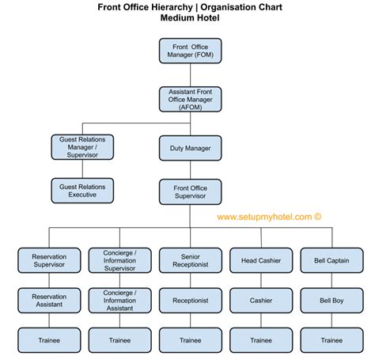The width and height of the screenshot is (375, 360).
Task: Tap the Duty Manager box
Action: pos(191,148)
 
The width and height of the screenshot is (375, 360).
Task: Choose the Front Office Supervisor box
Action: pos(191,193)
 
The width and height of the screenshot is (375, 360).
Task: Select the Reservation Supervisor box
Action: pos(49,261)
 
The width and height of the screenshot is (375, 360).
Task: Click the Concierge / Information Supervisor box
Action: pos(119,261)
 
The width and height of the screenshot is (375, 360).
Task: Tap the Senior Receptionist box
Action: pos(190,261)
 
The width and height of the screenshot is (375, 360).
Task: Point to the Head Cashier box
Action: pos(260,261)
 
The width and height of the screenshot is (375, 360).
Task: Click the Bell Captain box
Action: pos(331,261)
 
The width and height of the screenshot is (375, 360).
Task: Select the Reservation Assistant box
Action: pos(49,301)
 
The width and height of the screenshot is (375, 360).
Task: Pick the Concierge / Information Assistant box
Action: pos(119,301)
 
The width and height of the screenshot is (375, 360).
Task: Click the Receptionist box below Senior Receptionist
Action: pos(190,301)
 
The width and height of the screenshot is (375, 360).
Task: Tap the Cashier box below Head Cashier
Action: pos(260,301)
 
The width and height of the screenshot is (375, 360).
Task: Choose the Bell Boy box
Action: pos(331,301)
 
